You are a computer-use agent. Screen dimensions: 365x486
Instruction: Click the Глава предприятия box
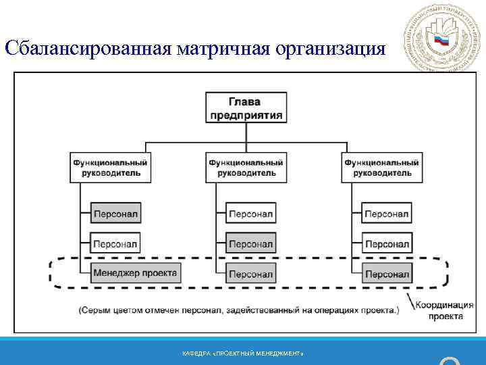(x=246, y=107)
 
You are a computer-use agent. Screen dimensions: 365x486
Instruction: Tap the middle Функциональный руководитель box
(x=246, y=167)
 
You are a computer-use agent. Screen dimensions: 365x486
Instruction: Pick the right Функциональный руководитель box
(x=381, y=167)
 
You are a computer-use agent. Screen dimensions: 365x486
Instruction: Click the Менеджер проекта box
(x=135, y=274)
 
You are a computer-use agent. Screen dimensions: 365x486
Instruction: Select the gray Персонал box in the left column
(x=115, y=214)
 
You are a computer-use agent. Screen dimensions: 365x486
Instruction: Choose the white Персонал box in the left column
(x=115, y=243)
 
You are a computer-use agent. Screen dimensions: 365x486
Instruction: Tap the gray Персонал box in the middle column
(x=250, y=243)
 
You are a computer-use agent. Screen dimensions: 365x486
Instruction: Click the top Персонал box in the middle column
(x=250, y=214)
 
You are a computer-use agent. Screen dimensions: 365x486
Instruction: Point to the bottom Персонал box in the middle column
(x=250, y=274)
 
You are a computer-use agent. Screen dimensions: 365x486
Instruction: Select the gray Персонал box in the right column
(x=387, y=274)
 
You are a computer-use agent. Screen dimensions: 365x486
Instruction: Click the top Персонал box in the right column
(x=387, y=214)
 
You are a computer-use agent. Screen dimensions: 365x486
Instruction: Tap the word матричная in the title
(x=222, y=49)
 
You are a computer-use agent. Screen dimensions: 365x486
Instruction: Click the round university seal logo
(x=440, y=39)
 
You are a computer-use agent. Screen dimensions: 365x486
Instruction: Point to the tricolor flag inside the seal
(x=441, y=41)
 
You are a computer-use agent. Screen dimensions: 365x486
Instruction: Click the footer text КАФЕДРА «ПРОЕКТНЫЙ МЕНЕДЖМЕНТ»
(x=243, y=354)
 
